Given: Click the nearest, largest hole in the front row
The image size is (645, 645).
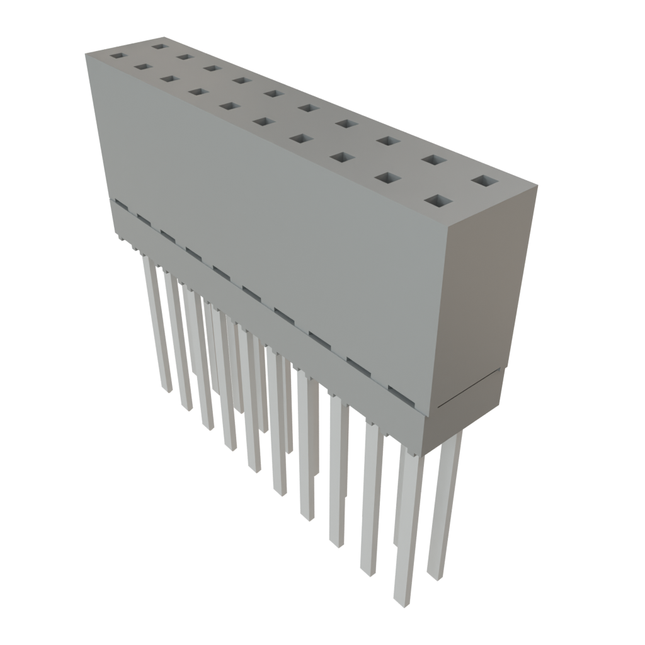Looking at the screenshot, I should tap(439, 202).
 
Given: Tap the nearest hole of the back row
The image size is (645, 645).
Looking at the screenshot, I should tap(484, 181).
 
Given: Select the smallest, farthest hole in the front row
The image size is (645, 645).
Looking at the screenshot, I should tap(117, 55).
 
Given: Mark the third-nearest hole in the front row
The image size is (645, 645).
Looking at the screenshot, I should tap(341, 157).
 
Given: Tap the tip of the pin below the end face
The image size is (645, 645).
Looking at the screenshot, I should tap(435, 574).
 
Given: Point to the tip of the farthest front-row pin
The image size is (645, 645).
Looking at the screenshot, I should tap(166, 389).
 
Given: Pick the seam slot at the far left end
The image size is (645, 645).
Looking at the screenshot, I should tap(118, 204).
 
